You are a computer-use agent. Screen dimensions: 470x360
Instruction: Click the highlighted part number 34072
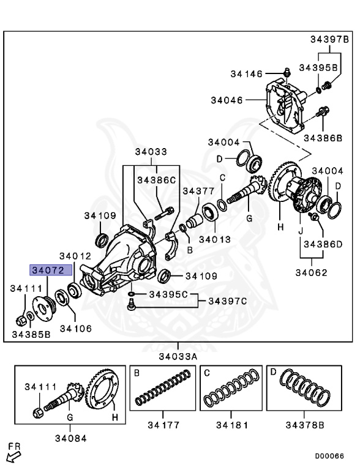[51, 270]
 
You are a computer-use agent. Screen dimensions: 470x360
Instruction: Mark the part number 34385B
[31, 334]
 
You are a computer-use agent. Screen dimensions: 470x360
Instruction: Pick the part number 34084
[69, 438]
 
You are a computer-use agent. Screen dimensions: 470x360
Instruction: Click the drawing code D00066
[329, 456]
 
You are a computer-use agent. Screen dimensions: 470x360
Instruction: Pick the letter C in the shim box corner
[207, 373]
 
